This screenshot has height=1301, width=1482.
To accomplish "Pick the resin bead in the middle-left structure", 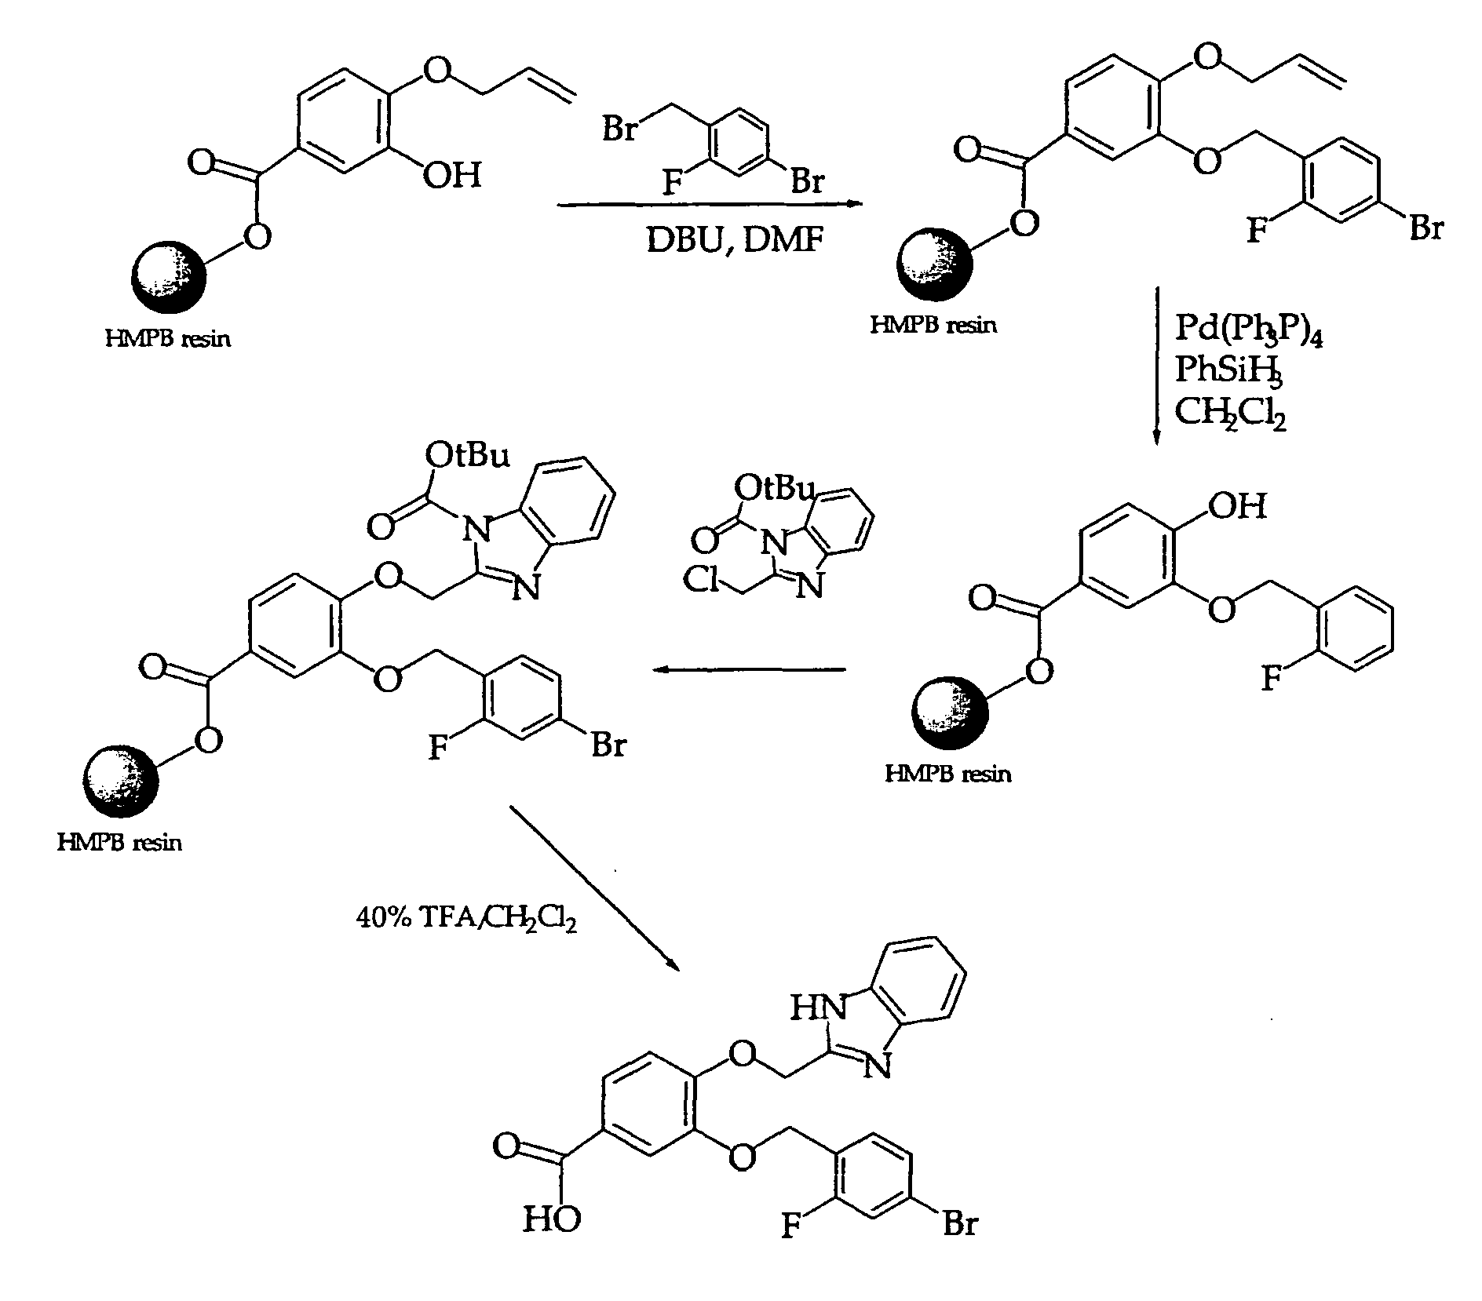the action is click(120, 781).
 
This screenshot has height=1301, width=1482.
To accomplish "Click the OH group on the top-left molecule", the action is click(451, 173).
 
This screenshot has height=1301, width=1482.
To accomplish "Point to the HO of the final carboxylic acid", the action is click(552, 1241).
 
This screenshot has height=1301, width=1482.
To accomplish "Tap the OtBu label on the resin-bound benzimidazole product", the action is click(468, 454).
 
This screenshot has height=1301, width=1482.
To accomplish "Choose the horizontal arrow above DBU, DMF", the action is click(710, 205).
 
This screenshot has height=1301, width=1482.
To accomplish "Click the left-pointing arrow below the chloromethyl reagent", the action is click(750, 669).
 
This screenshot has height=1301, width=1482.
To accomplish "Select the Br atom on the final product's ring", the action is click(959, 1245).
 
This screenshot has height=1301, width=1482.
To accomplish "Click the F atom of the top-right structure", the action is click(1258, 231).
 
